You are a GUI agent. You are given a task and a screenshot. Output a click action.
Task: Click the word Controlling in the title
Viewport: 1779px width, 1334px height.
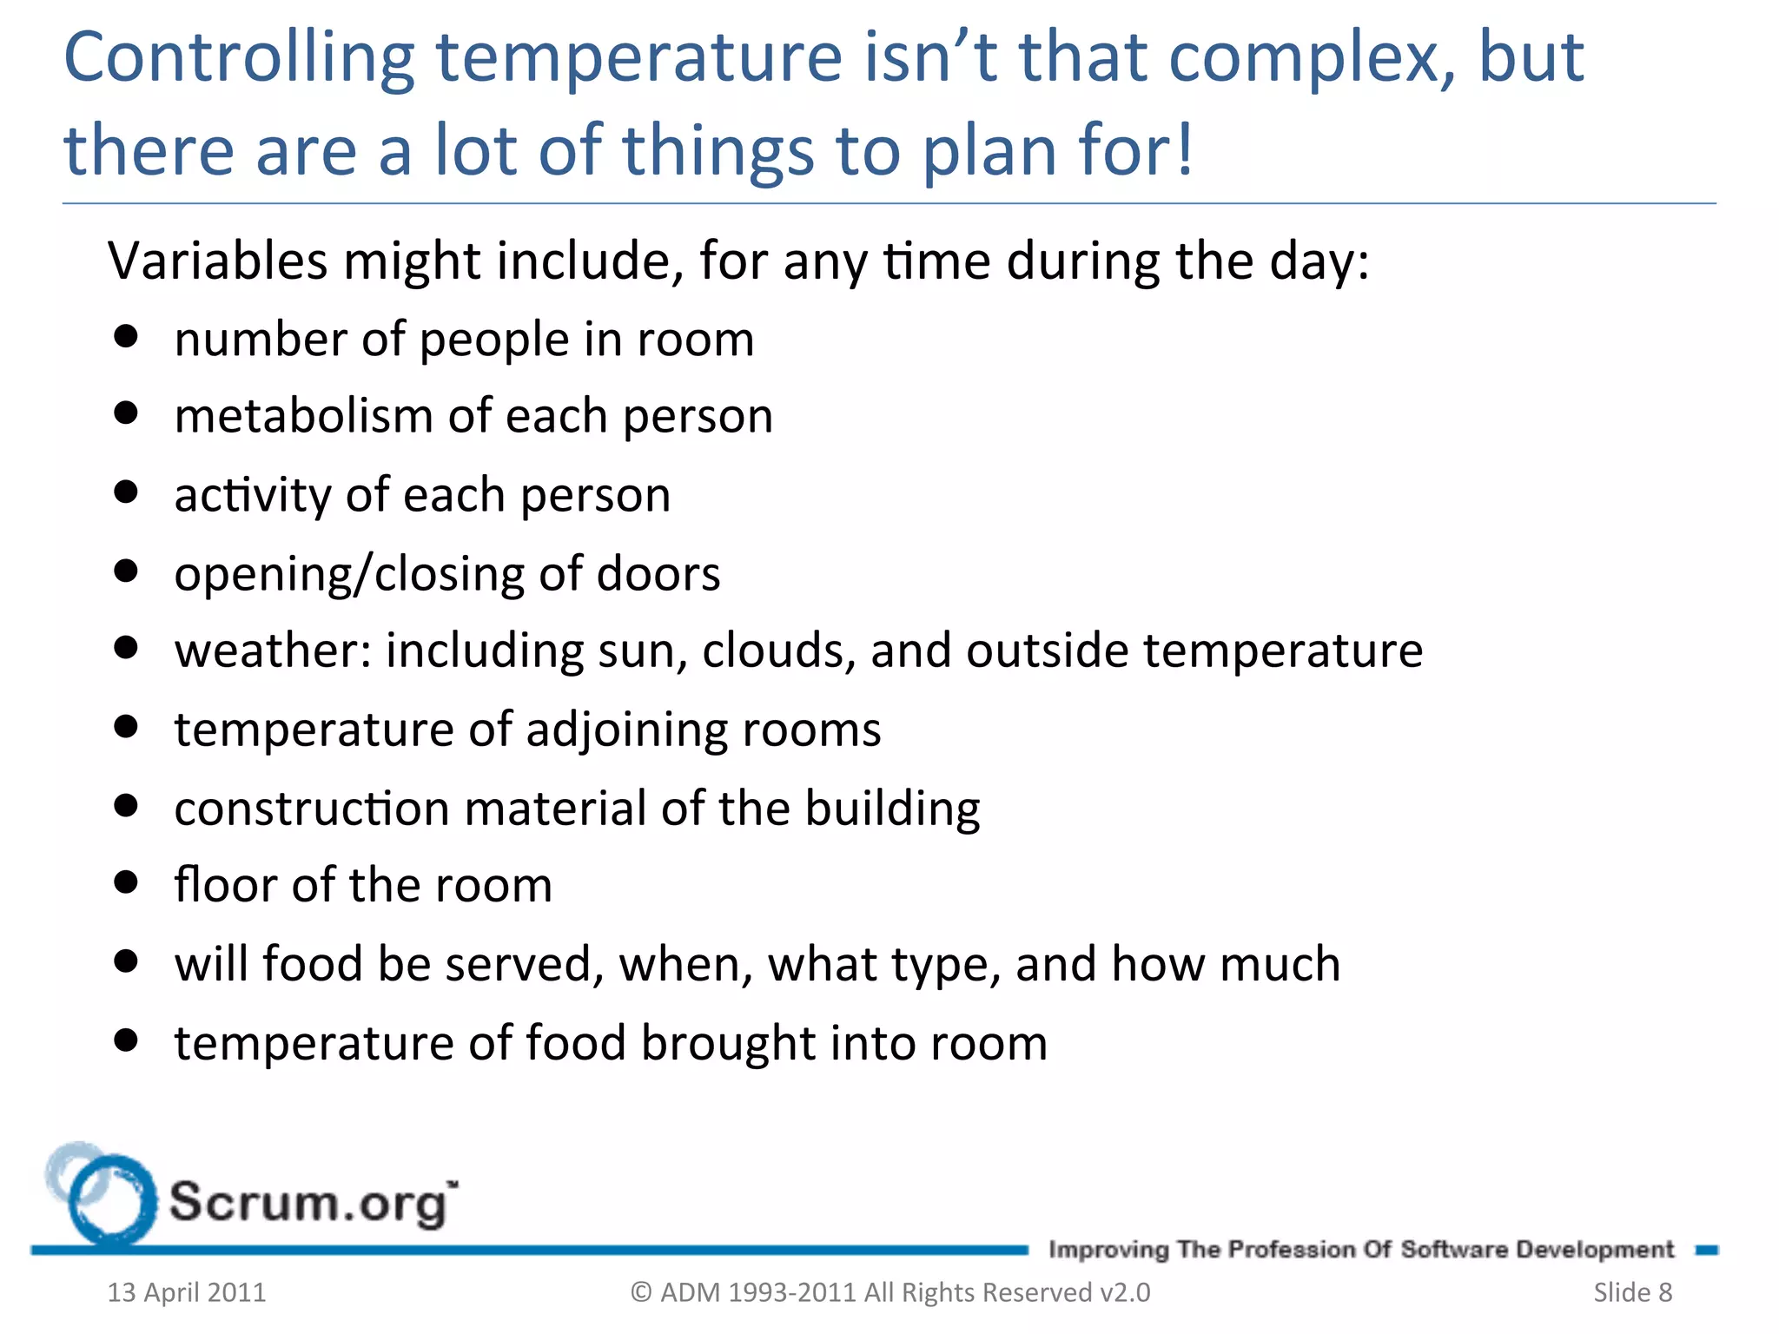point(239,59)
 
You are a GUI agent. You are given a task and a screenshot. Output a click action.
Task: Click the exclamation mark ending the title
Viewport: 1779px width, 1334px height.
point(1184,149)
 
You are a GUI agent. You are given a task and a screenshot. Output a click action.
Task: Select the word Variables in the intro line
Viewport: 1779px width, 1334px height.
point(217,261)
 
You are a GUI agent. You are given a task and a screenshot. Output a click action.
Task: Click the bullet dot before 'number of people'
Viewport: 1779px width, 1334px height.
point(126,336)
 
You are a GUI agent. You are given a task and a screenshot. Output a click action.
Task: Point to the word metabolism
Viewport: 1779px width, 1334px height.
point(303,415)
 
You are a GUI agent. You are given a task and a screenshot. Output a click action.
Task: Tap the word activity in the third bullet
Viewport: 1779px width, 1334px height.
point(252,496)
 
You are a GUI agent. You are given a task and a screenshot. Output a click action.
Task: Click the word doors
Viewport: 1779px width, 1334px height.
point(658,574)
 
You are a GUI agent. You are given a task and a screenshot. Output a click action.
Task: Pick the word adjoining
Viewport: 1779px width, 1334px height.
point(625,730)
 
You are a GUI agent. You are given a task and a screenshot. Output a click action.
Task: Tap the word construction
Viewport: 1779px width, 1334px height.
point(312,809)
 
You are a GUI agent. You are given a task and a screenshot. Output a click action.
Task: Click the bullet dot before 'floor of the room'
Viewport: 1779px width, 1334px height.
point(126,883)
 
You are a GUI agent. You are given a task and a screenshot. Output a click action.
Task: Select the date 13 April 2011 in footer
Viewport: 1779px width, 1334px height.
point(187,1292)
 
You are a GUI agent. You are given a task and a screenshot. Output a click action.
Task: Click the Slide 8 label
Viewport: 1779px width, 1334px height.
point(1632,1292)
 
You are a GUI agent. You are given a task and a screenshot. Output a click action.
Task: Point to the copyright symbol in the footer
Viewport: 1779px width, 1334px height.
point(641,1292)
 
